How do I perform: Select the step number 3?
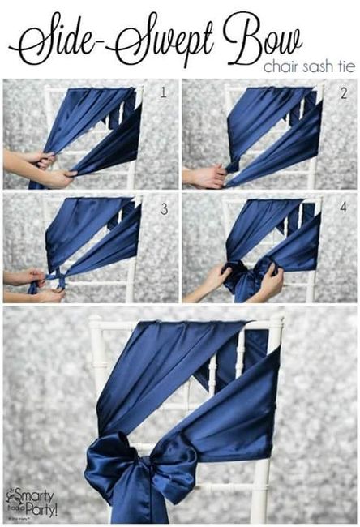click(163, 209)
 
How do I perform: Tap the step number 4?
click(344, 209)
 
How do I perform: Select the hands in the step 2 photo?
click(206, 175)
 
